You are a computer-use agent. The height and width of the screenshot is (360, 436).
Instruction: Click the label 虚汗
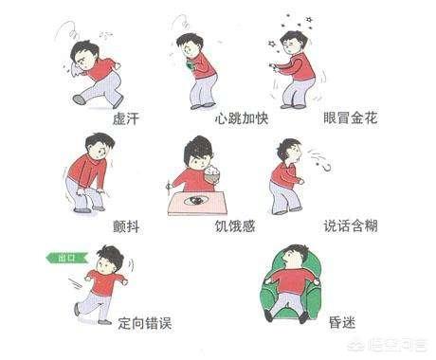coord(126,119)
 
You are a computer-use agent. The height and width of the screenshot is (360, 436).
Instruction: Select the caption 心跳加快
coord(242,118)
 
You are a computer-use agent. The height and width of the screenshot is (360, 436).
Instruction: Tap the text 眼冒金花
coord(351,118)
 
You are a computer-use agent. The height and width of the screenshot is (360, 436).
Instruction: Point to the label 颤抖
coord(126,226)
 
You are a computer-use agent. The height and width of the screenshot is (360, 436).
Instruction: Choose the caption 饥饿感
coord(235,226)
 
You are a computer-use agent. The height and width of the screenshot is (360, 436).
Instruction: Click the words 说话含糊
coord(351,226)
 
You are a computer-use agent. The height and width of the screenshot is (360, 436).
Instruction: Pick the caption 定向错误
coord(145,323)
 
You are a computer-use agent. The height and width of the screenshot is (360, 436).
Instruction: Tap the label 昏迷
coord(342,323)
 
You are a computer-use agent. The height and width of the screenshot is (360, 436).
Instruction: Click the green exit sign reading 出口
coord(67,258)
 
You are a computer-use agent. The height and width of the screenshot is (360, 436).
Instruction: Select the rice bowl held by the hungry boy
coord(212,173)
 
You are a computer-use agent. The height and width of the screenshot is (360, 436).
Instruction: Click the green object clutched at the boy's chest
coord(191,65)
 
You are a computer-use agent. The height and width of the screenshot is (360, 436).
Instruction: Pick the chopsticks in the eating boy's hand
coord(169,187)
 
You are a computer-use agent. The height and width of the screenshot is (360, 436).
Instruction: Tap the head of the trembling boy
coord(99,146)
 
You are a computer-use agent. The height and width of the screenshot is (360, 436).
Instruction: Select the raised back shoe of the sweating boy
coord(80,99)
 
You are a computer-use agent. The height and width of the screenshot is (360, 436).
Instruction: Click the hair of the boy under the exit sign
coord(111,255)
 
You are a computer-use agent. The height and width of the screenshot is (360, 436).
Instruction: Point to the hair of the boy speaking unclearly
coord(287,148)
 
